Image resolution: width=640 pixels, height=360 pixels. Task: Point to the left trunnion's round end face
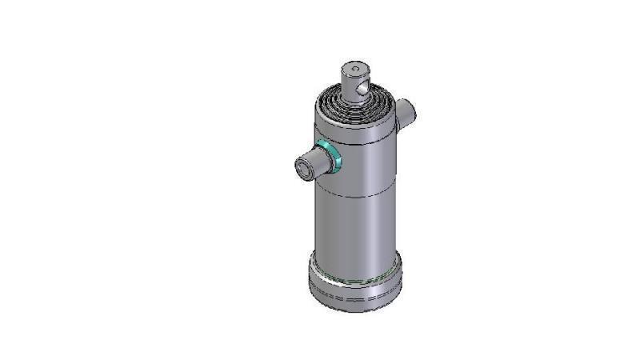click(x=306, y=168)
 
